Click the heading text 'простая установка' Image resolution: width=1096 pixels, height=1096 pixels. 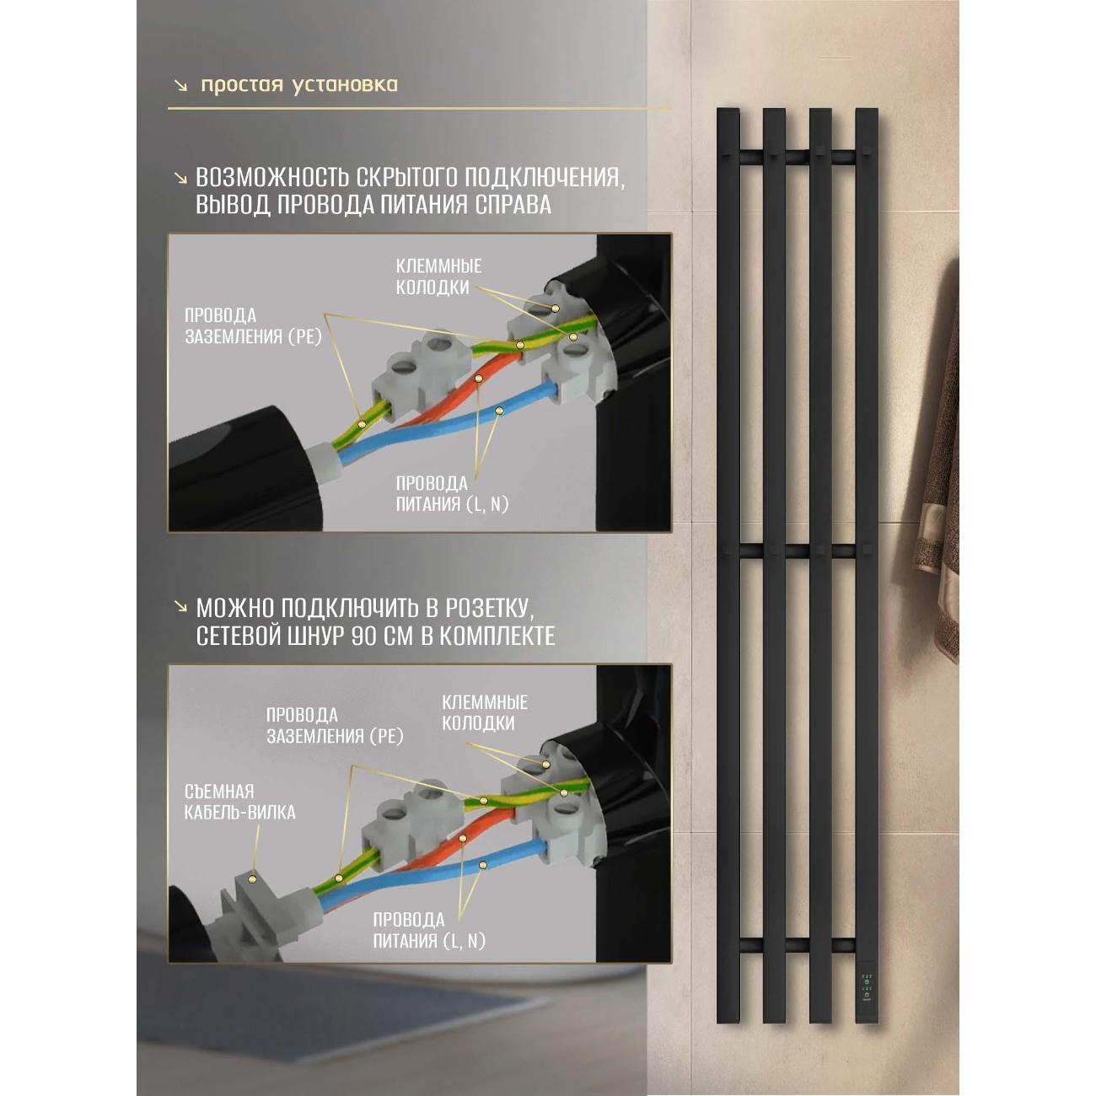pyautogui.click(x=299, y=85)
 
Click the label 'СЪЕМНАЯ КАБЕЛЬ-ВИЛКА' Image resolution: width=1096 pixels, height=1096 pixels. pyautogui.click(x=239, y=802)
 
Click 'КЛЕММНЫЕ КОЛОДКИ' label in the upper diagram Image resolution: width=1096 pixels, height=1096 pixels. pyautogui.click(x=438, y=277)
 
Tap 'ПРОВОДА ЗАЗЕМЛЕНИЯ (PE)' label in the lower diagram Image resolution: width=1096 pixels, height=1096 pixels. pyautogui.click(x=335, y=725)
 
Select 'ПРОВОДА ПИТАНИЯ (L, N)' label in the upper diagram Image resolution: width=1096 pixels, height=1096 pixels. pyautogui.click(x=452, y=494)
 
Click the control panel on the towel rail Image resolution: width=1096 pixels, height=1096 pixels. pyautogui.click(x=867, y=990)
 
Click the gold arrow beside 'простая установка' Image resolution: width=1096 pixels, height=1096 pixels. pyautogui.click(x=181, y=86)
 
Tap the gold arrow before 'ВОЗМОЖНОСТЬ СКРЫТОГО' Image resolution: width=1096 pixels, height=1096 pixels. pyautogui.click(x=181, y=178)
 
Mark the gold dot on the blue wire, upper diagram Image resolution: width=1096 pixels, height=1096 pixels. pyautogui.click(x=499, y=410)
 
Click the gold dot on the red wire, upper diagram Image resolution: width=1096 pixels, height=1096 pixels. pyautogui.click(x=479, y=377)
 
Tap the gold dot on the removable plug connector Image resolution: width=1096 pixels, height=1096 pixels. pyautogui.click(x=251, y=878)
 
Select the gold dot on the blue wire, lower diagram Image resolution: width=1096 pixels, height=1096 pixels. pyautogui.click(x=483, y=865)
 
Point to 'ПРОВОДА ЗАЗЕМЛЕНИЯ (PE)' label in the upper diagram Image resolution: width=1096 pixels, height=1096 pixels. pyautogui.click(x=253, y=326)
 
